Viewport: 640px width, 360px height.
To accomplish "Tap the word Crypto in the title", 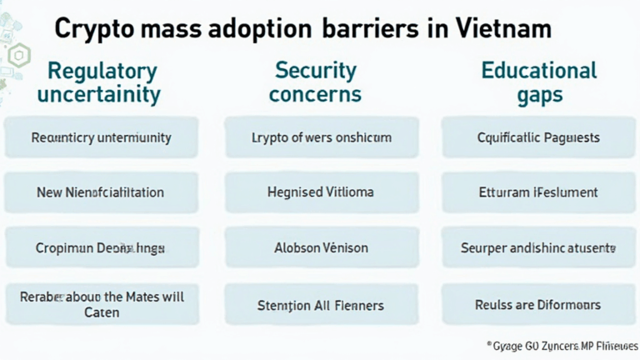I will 89,29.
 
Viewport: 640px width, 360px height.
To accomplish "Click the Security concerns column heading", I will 316,82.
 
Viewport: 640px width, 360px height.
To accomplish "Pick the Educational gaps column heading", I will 539,82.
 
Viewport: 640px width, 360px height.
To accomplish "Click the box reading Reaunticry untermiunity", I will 101,137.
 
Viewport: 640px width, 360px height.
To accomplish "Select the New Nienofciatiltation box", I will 101,192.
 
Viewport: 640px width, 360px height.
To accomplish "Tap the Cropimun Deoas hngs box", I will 101,247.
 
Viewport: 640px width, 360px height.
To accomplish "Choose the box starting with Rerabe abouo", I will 101,304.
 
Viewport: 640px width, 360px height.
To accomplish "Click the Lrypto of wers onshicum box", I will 321,137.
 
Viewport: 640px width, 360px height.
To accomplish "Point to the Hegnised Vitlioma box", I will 321,192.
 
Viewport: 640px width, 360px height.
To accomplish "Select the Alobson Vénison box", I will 321,247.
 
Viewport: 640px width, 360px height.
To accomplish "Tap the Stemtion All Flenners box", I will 321,305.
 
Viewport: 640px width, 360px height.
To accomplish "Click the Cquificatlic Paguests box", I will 539,137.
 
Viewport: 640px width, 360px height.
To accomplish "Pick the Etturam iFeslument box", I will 539,192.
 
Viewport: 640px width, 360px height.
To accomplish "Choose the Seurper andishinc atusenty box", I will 539,247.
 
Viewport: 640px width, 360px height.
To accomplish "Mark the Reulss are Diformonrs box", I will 539,305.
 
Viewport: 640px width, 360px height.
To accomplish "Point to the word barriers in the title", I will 370,29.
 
